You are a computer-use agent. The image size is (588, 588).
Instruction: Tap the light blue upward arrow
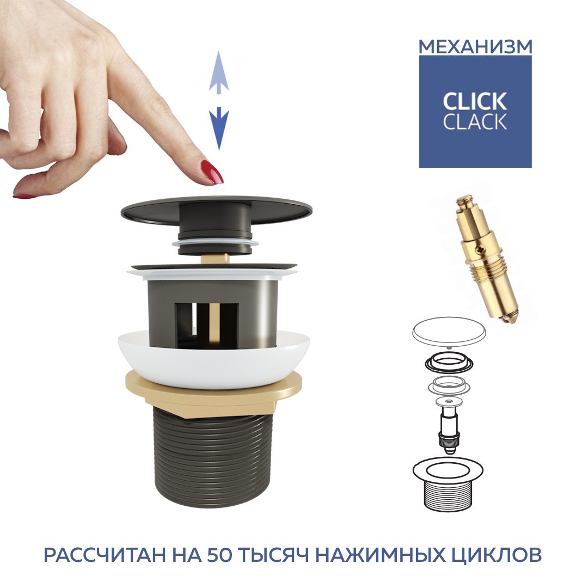pyautogui.click(x=219, y=72)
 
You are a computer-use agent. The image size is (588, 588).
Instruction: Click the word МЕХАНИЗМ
pyautogui.click(x=475, y=47)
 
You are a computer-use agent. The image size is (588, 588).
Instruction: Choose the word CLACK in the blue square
pyautogui.click(x=475, y=121)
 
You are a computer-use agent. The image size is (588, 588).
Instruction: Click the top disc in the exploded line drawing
pyautogui.click(x=449, y=332)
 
